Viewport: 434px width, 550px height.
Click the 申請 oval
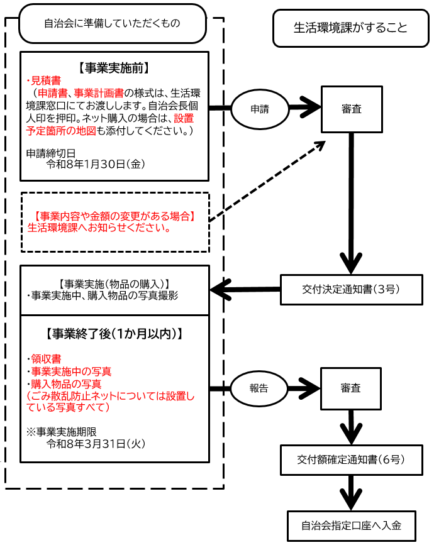pos(260,109)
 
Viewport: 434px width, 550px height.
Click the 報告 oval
pos(260,388)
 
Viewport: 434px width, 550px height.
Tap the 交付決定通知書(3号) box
pos(351,290)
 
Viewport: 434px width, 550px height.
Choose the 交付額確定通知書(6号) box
pos(351,459)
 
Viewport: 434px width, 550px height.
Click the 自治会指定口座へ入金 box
pos(351,526)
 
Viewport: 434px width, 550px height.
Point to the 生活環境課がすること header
pos(350,28)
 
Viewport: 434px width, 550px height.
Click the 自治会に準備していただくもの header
pos(113,23)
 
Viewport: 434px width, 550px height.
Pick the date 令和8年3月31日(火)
pos(96,444)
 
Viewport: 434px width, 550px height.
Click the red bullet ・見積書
pos(45,80)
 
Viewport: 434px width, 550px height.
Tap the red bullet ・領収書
pos(45,360)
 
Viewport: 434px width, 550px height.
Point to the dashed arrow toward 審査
pos(267,181)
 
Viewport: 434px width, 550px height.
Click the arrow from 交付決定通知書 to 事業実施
pos(245,290)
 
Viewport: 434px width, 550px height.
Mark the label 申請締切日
pos(51,153)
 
